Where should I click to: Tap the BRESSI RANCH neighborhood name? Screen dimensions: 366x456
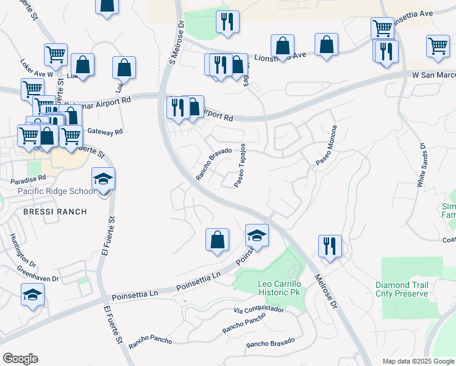click(x=55, y=212)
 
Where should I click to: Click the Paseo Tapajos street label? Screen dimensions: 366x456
click(x=241, y=166)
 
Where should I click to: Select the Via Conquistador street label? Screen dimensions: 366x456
click(x=259, y=310)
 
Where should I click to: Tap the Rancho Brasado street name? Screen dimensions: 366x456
click(x=270, y=343)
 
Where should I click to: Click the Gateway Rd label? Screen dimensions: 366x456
click(x=105, y=131)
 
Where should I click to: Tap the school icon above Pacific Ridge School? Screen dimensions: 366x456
click(x=104, y=179)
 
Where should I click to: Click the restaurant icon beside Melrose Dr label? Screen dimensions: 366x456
click(x=330, y=246)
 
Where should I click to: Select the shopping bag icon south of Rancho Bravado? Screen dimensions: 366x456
click(x=217, y=239)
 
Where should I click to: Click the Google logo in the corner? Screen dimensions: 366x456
click(x=20, y=359)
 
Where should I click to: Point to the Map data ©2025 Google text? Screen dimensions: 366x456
click(x=418, y=361)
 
